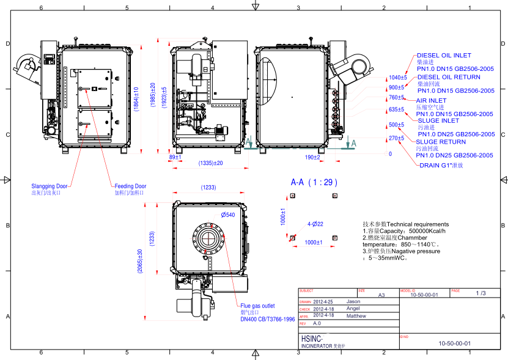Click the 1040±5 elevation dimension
pyautogui.click(x=397, y=78)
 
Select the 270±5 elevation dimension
pyautogui.click(x=396, y=138)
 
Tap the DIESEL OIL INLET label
pyautogui.click(x=444, y=55)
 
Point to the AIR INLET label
pyautogui.click(x=431, y=100)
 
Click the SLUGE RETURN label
pyautogui.click(x=440, y=142)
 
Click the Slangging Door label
pyautogui.click(x=50, y=186)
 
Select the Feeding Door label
pyautogui.click(x=130, y=186)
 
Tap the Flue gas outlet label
pyautogui.click(x=257, y=306)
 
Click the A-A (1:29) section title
pyautogui.click(x=314, y=182)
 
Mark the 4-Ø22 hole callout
pyautogui.click(x=315, y=224)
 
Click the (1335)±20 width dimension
pyautogui.click(x=211, y=163)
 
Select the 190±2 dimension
pyautogui.click(x=312, y=157)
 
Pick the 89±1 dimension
pyautogui.click(x=175, y=157)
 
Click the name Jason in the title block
pyautogui.click(x=353, y=301)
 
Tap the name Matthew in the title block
pyautogui.click(x=356, y=315)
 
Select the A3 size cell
pyautogui.click(x=381, y=295)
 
